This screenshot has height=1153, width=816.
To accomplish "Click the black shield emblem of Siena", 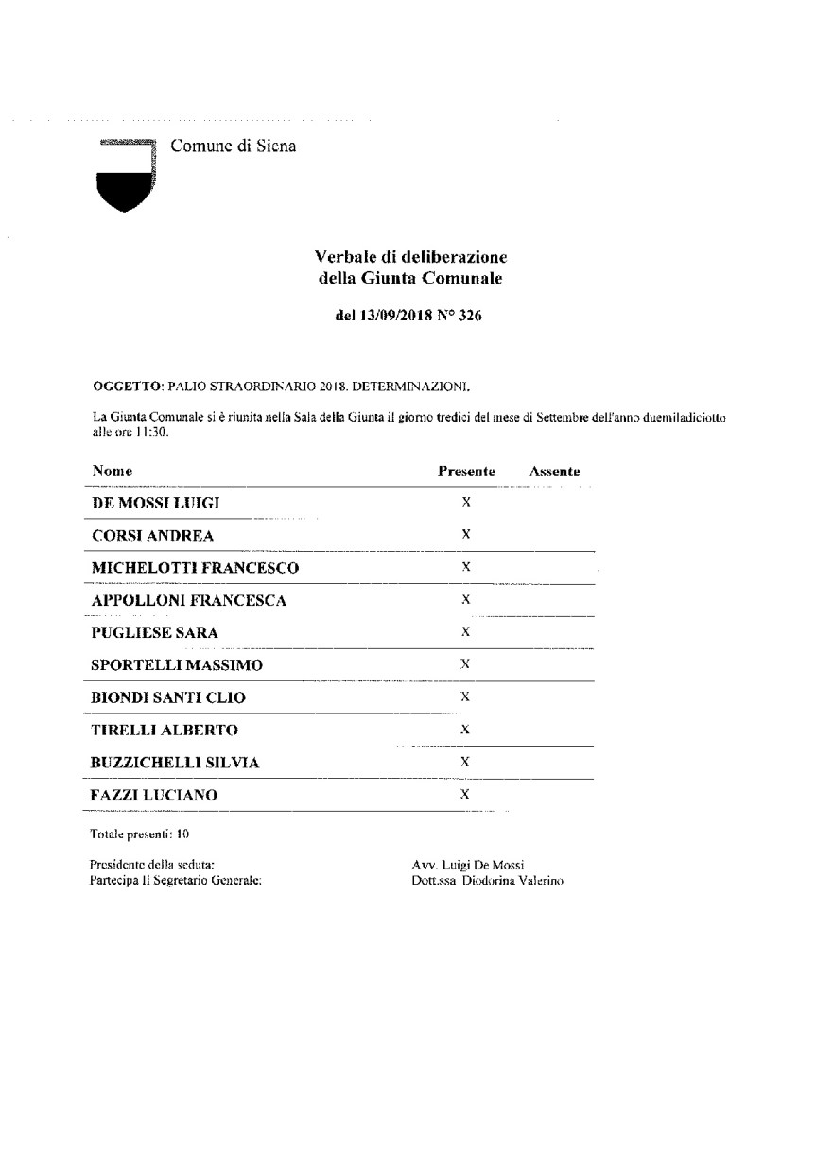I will (x=125, y=180).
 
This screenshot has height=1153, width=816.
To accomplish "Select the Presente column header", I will (x=466, y=471).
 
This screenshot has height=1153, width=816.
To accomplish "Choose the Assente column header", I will (x=554, y=471).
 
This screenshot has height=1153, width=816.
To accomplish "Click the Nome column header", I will (x=112, y=471).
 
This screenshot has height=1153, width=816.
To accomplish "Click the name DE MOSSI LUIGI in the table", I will (x=155, y=503).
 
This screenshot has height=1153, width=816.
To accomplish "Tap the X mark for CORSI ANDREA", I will (x=466, y=534).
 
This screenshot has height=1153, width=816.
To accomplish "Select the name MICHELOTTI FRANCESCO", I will (x=195, y=568).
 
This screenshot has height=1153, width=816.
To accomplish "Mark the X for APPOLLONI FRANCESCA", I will (x=465, y=599).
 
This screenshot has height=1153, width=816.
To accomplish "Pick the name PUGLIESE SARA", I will (x=154, y=633).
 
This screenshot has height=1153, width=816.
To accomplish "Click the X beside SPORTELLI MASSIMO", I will (x=465, y=663).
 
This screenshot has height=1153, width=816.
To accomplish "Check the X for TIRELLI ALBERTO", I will (x=465, y=730).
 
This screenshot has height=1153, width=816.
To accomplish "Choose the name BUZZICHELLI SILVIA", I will (x=174, y=763).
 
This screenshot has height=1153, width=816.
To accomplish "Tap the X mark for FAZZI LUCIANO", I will (x=465, y=794).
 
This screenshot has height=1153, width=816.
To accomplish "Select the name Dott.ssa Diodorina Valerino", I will (x=482, y=880).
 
